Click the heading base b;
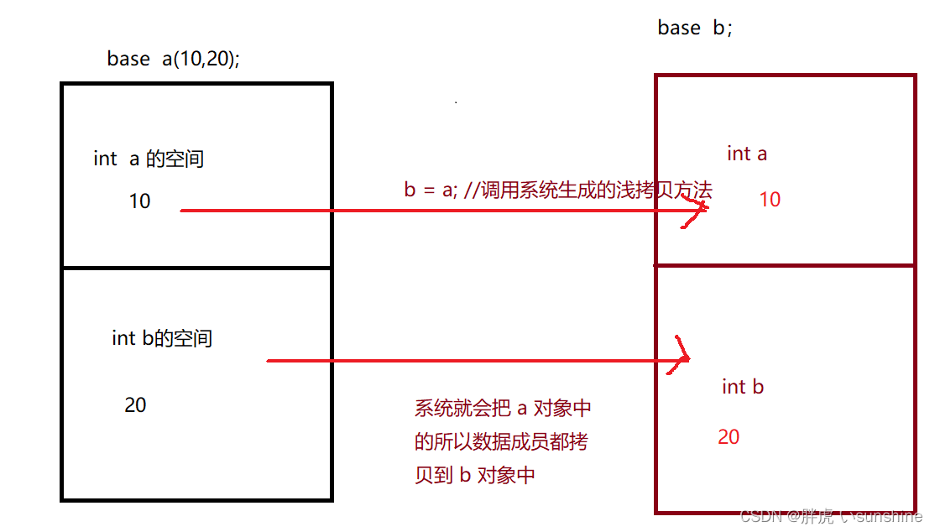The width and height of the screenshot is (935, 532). (695, 28)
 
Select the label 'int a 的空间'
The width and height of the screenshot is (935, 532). (149, 159)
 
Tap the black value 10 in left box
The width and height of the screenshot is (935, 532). (139, 201)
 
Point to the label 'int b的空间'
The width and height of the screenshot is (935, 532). (162, 338)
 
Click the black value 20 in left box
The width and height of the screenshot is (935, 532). (135, 405)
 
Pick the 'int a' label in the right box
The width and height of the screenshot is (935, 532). (747, 154)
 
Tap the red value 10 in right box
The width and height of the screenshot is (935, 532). (770, 200)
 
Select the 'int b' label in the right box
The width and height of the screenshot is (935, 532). (743, 387)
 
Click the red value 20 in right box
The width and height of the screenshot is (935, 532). (729, 437)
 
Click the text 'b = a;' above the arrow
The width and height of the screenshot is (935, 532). (431, 190)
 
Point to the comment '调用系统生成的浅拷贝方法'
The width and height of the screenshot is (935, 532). (593, 190)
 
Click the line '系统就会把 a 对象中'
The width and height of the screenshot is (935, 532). (503, 409)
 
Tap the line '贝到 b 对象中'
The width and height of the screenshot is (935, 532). (474, 475)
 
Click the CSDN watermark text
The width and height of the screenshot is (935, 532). (831, 517)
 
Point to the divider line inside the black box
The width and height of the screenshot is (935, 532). (197, 269)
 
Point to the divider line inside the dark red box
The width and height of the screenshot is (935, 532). (785, 266)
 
